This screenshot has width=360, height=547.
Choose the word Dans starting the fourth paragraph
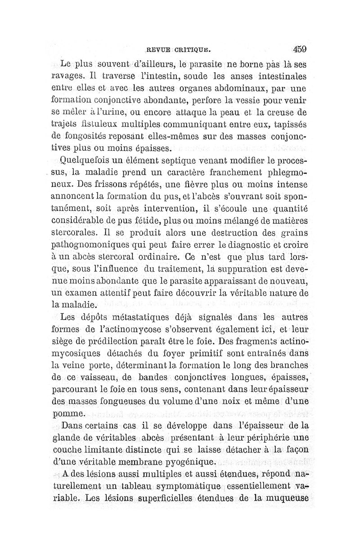click(x=75, y=425)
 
